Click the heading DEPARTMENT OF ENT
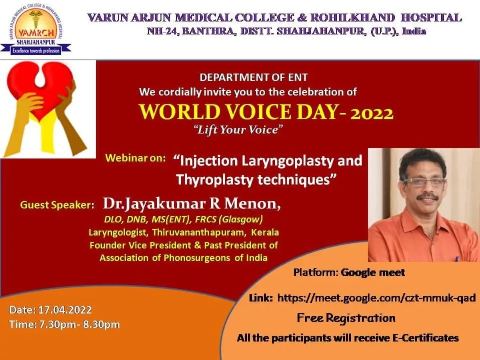[254, 78]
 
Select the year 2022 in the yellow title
[372, 114]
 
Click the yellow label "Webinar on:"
[135, 158]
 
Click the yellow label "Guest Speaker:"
[57, 205]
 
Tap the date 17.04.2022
[65, 310]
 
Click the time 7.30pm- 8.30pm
[80, 324]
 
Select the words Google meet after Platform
[373, 272]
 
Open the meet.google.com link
[376, 298]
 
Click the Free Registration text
[346, 318]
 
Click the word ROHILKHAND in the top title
[353, 18]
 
